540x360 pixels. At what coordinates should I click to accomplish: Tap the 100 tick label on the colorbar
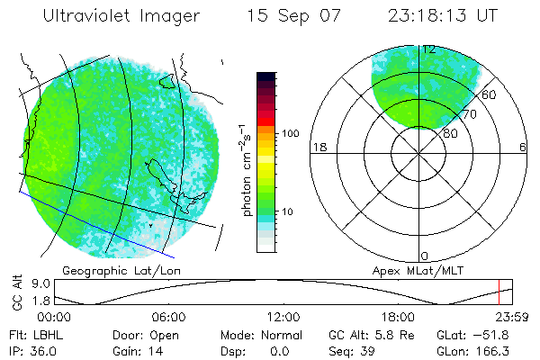pyautogui.click(x=290, y=133)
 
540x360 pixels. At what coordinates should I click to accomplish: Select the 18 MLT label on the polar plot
pyautogui.click(x=318, y=148)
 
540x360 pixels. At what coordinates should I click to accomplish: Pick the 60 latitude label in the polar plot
pyautogui.click(x=489, y=94)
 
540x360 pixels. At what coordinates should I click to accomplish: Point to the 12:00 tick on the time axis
pyautogui.click(x=283, y=317)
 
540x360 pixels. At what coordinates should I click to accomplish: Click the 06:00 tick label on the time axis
pyautogui.click(x=168, y=317)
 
